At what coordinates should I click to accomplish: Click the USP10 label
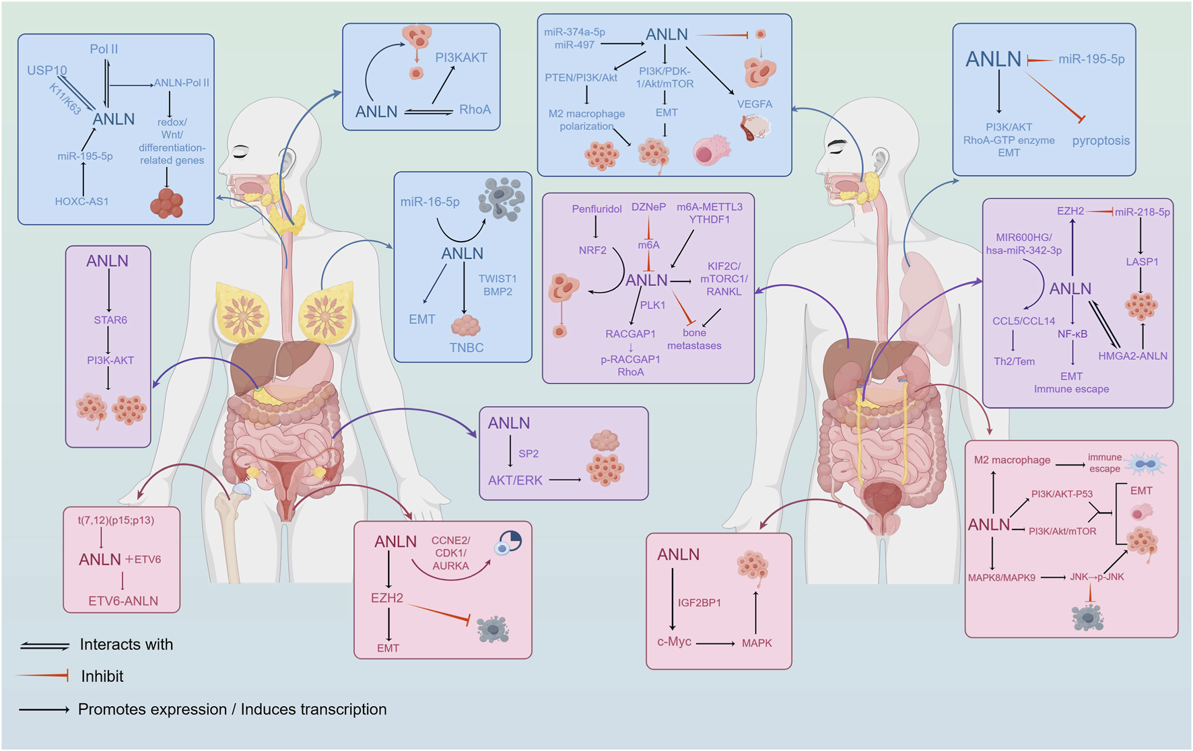[x=47, y=70]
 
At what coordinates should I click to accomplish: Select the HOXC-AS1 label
[x=81, y=201]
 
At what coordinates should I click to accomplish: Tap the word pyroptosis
[x=1101, y=141]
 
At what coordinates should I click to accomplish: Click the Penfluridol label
[x=596, y=209]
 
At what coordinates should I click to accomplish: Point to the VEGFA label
[x=754, y=104]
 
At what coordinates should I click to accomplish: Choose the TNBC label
[x=467, y=347]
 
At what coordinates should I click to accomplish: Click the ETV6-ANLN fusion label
[x=123, y=601]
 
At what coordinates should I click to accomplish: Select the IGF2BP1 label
[x=699, y=602]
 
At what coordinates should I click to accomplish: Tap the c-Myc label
[x=674, y=641]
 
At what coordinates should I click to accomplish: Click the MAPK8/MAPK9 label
[x=1001, y=577]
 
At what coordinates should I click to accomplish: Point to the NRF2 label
[x=592, y=250]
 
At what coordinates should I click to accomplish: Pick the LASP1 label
[x=1142, y=262]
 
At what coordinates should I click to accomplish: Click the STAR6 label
[x=110, y=320]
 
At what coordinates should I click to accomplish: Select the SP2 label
[x=529, y=454]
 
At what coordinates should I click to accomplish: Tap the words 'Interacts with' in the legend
[x=126, y=645]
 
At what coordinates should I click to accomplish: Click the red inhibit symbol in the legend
[x=44, y=676]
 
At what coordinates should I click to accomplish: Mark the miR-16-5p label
[x=430, y=202]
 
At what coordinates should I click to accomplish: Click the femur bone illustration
[x=229, y=532]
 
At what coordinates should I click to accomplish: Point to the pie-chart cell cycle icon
[x=509, y=542]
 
